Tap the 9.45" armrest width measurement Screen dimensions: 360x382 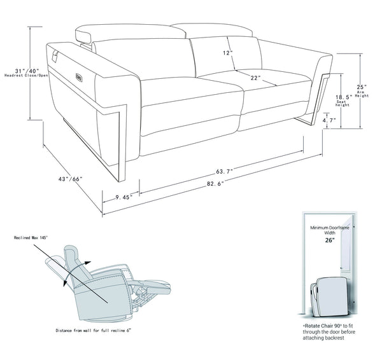tap(120, 197)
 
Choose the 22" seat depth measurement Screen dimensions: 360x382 tap(257, 78)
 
